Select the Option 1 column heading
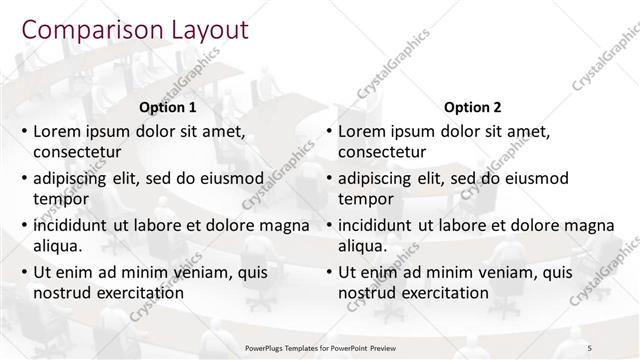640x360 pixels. coord(166,106)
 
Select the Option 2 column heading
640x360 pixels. coord(472,106)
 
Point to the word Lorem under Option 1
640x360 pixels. coord(59,132)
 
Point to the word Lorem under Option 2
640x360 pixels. coord(364,132)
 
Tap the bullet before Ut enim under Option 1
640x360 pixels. coord(24,272)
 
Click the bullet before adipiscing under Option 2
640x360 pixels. coord(329,179)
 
